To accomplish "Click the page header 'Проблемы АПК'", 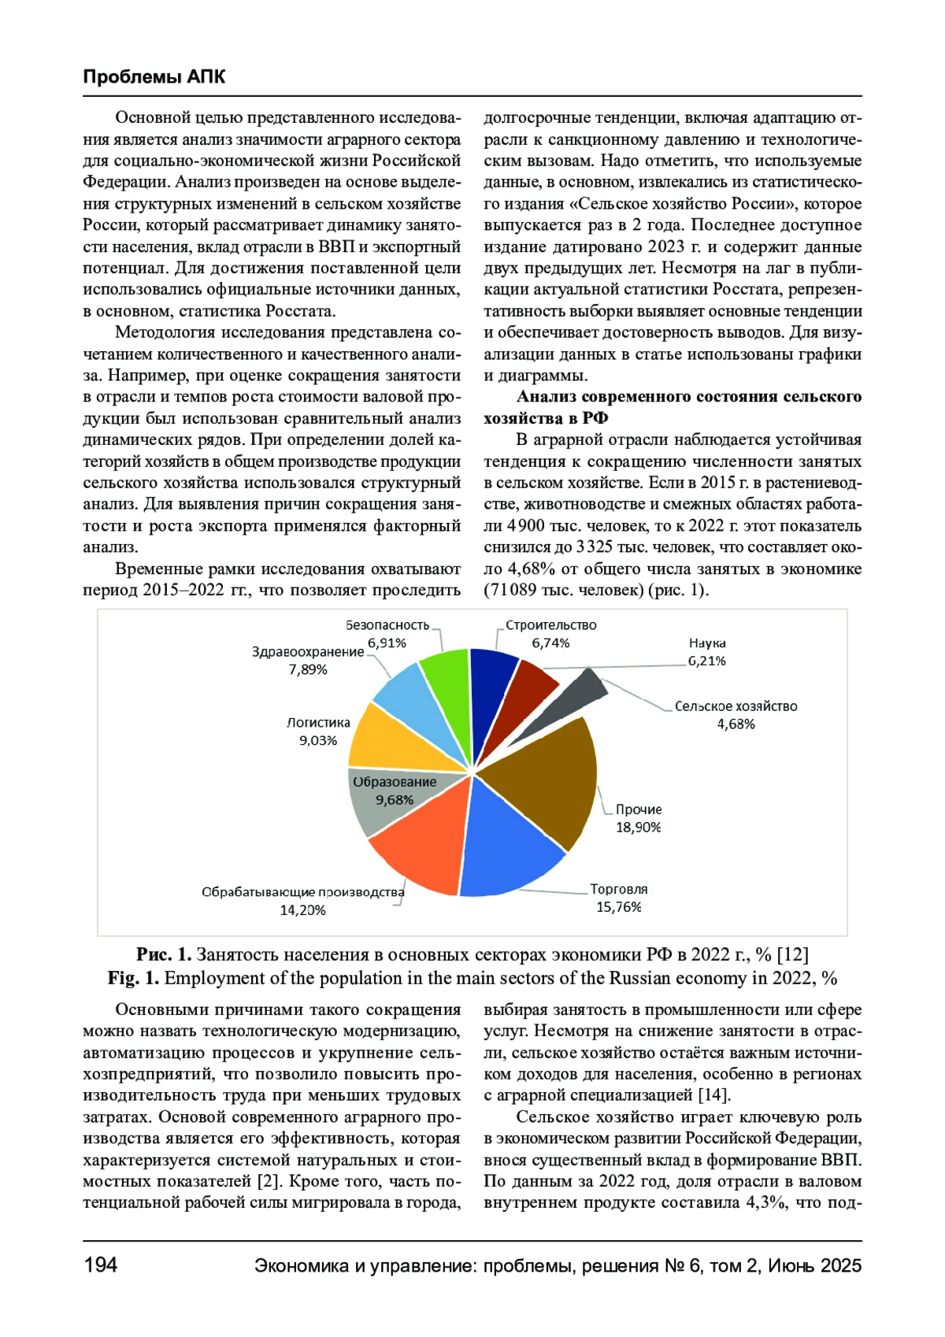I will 154,76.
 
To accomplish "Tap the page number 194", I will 100,1265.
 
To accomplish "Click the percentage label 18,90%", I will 638,827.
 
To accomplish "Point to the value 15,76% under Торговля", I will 618,907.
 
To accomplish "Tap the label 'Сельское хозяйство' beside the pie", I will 736,706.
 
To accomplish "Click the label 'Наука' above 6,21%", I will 707,643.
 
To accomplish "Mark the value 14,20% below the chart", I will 302,910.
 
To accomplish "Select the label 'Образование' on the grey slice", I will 395,782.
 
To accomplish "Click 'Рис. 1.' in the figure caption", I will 164,954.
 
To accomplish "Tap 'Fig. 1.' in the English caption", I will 133,978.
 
